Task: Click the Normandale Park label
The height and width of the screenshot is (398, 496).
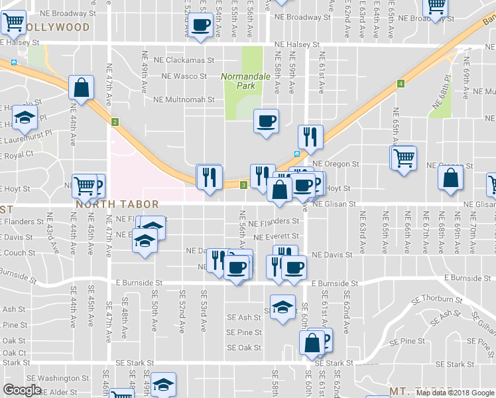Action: click(x=245, y=81)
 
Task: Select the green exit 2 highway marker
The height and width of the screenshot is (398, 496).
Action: click(x=115, y=122)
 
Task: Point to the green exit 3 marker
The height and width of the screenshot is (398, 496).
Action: click(x=243, y=184)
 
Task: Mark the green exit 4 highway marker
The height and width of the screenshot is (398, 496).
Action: click(x=401, y=84)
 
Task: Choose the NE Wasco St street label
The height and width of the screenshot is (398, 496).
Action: click(x=184, y=76)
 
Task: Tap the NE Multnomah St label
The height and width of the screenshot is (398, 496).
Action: click(x=184, y=100)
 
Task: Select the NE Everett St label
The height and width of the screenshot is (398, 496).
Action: click(x=277, y=237)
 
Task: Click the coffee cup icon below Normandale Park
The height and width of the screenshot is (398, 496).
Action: click(x=267, y=121)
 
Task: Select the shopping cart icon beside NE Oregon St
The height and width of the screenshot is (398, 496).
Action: click(x=403, y=158)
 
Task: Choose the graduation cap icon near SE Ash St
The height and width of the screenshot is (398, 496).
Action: click(x=282, y=307)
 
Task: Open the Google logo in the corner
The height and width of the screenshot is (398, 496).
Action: click(x=22, y=390)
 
